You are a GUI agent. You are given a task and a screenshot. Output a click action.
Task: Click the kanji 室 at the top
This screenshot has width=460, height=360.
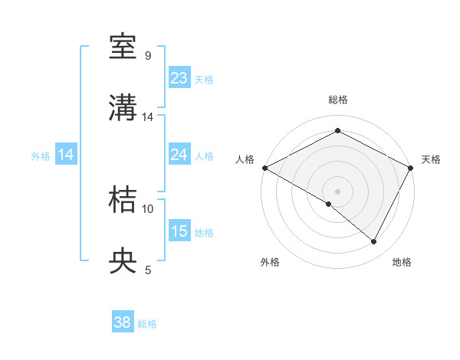(x=123, y=48)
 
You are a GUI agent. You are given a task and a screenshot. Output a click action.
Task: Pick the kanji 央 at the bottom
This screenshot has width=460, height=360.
(x=123, y=261)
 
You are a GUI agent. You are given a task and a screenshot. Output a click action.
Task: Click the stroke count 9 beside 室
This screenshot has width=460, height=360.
(x=147, y=56)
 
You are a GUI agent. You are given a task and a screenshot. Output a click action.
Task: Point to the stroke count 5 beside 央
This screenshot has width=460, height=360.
(x=148, y=270)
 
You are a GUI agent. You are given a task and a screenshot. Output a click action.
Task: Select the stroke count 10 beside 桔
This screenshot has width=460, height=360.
(x=148, y=208)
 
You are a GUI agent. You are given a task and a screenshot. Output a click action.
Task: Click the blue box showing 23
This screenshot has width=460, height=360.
(x=179, y=78)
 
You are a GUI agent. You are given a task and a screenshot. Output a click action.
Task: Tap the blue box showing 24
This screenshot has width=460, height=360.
(x=179, y=155)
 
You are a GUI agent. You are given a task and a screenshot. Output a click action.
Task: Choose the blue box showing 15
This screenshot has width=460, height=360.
(x=179, y=231)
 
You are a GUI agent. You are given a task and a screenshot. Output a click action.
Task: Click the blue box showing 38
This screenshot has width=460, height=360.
(x=123, y=322)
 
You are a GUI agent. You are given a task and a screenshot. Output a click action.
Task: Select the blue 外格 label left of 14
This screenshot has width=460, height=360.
(x=41, y=155)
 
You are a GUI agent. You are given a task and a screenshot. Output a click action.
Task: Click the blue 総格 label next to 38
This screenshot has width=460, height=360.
(x=147, y=324)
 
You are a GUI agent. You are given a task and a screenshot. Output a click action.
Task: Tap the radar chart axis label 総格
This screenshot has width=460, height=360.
(x=337, y=100)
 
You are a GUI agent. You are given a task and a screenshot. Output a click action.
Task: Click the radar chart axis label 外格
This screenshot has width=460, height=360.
(x=270, y=262)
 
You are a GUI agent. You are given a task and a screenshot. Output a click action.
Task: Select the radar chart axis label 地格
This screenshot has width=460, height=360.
(x=402, y=262)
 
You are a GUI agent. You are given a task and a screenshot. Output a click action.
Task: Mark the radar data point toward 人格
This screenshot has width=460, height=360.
(x=264, y=167)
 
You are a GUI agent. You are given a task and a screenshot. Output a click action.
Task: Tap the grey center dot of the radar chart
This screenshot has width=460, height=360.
(x=337, y=191)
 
